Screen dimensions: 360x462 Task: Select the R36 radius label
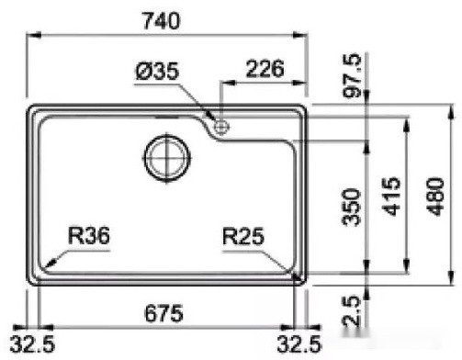coord(90,237)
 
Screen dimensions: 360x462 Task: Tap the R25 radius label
coord(242,237)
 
